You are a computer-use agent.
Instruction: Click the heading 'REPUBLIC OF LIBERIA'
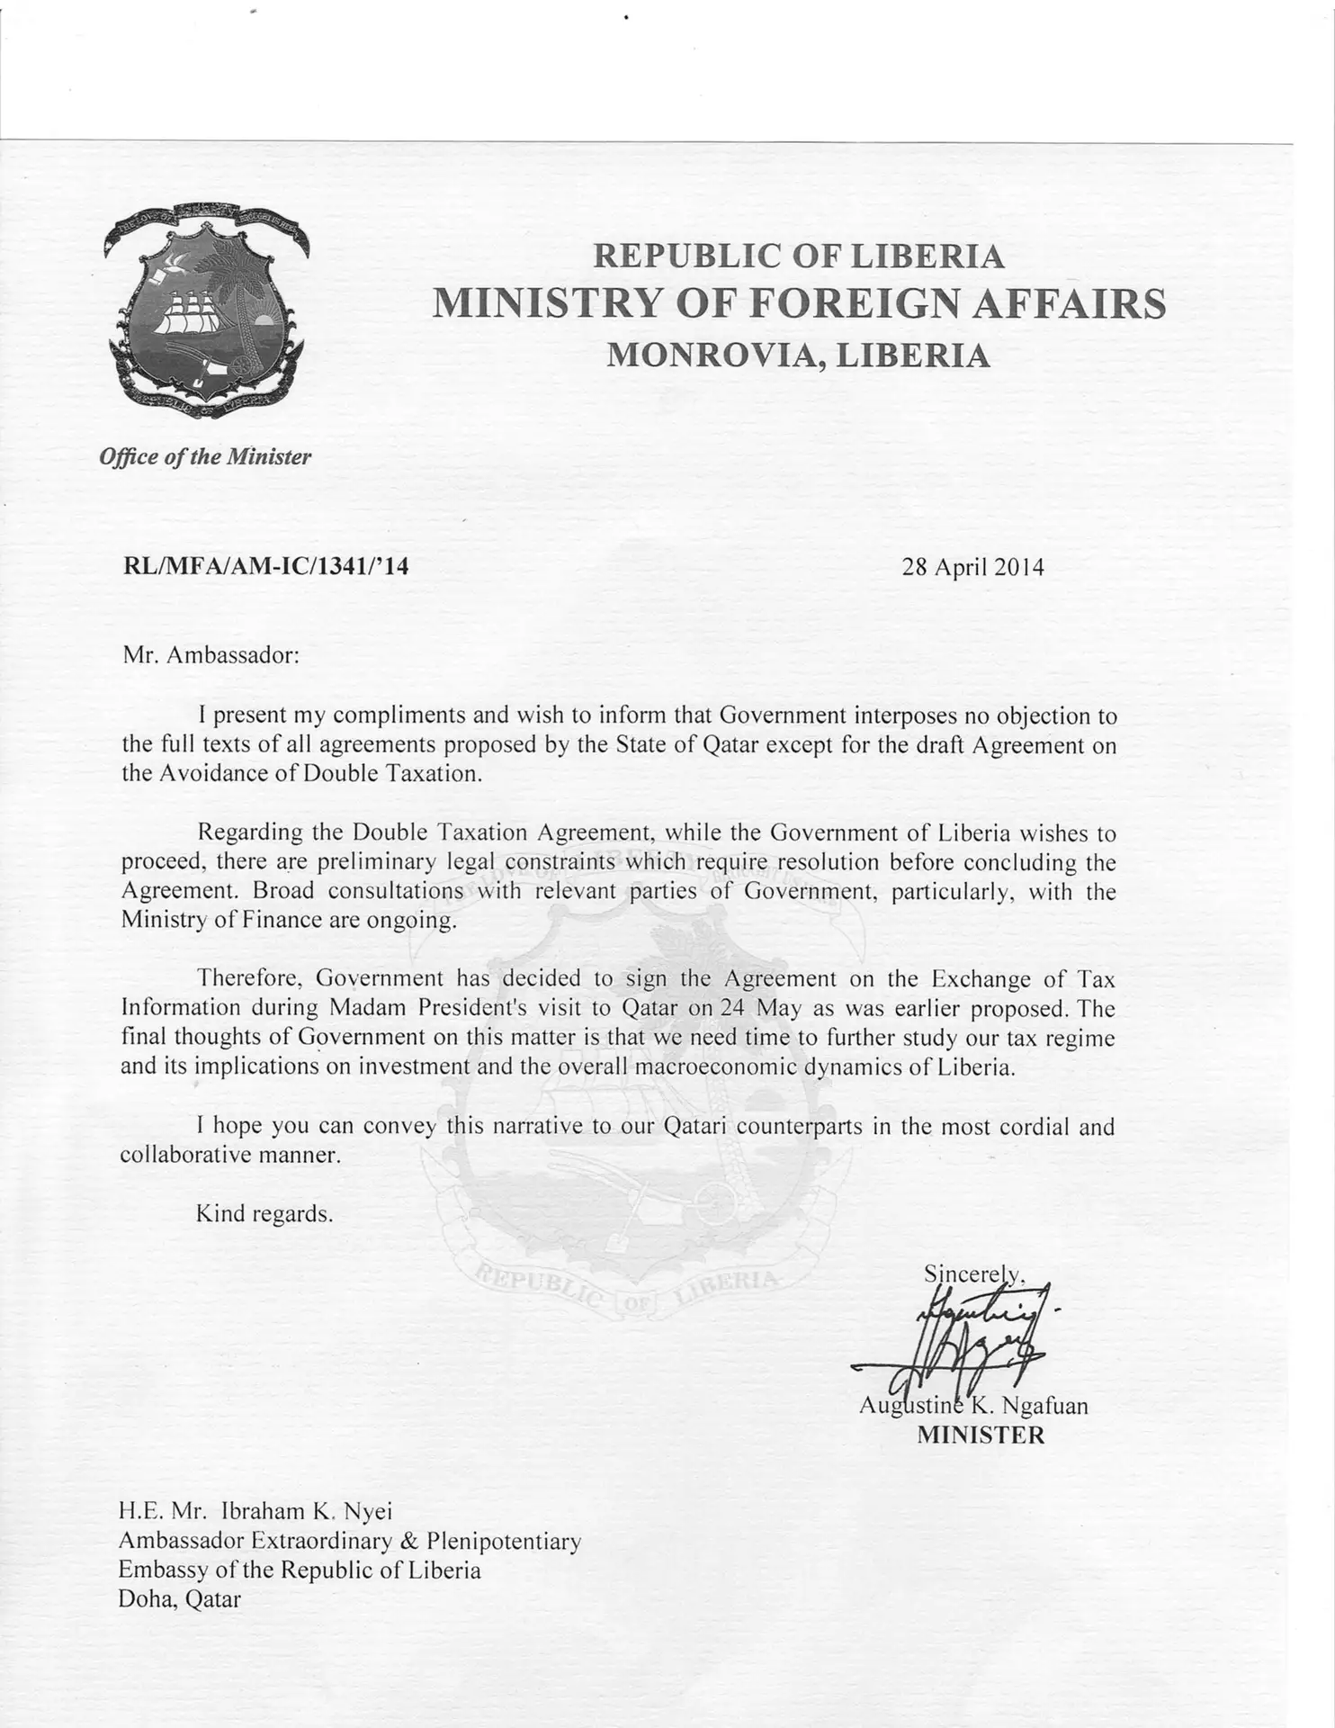[798, 256]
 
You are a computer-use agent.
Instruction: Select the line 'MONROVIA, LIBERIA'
[798, 356]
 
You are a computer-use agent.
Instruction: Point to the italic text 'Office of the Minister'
[205, 456]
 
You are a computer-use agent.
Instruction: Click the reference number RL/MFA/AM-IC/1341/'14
[265, 566]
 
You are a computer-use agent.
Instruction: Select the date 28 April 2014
[972, 567]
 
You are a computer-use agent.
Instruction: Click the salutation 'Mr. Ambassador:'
[211, 654]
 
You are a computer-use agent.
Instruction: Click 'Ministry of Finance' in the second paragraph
[221, 920]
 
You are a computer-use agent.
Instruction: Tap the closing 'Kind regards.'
[264, 1213]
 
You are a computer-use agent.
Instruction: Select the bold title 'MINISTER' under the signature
[981, 1435]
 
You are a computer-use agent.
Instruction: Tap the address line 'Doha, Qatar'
[180, 1598]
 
